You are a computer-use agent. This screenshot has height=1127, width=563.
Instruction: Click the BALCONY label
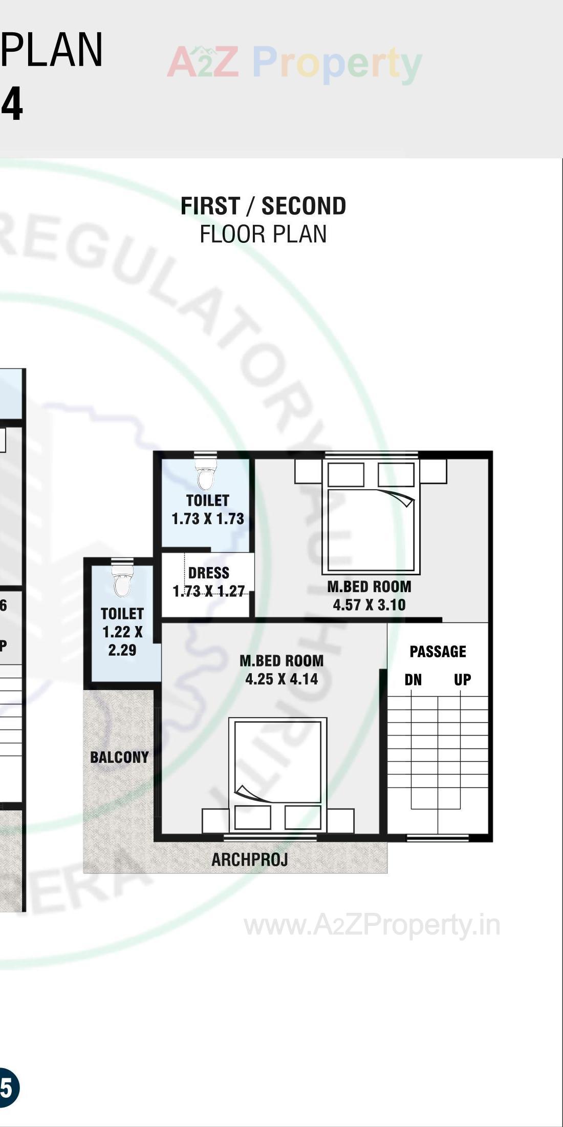[x=119, y=757]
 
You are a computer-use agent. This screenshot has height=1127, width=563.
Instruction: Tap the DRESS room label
[x=208, y=573]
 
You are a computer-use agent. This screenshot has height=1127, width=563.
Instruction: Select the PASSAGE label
[x=438, y=652]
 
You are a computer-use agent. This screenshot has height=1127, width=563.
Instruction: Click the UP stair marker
[x=462, y=680]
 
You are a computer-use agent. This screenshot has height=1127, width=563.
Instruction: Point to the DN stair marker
[x=413, y=680]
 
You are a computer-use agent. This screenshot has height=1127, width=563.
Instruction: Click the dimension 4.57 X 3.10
[x=369, y=605]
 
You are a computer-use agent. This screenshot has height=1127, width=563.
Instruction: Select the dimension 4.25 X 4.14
[x=281, y=679]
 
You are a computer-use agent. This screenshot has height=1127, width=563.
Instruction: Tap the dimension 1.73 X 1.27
[x=209, y=592]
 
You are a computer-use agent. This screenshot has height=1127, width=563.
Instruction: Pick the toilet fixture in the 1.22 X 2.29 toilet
[x=122, y=582]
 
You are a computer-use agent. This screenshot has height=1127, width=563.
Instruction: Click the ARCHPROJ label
[x=250, y=860]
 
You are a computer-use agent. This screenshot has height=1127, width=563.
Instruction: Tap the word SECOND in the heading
[x=304, y=206]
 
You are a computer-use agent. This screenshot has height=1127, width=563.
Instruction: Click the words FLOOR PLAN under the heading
[x=263, y=234]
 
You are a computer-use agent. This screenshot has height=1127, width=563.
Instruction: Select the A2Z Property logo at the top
[x=294, y=64]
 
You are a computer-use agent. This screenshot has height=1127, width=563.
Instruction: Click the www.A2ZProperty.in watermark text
[x=372, y=926]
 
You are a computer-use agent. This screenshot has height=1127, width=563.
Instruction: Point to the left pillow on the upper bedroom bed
[x=346, y=474]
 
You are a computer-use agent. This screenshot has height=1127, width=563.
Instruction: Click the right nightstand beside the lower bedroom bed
[x=340, y=821]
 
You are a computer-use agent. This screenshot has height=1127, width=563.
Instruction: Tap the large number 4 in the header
[x=12, y=105]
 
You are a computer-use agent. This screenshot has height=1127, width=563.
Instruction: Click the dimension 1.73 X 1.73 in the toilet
[x=208, y=519]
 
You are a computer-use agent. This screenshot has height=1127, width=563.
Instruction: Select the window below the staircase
[x=438, y=838]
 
